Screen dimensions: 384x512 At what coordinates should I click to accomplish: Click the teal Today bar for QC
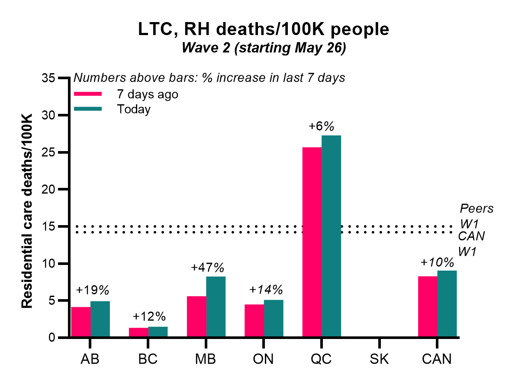332,236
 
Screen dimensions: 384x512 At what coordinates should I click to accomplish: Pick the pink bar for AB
81,322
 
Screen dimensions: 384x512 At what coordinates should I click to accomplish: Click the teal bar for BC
158,332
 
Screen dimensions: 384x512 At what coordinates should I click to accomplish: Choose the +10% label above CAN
437,262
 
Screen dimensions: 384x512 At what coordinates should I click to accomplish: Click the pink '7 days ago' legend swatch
88,94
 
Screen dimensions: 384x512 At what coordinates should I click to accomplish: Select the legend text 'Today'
133,109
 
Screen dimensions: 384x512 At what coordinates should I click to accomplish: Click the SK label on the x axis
379,359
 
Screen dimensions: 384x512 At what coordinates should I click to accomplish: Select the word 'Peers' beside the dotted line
477,208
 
